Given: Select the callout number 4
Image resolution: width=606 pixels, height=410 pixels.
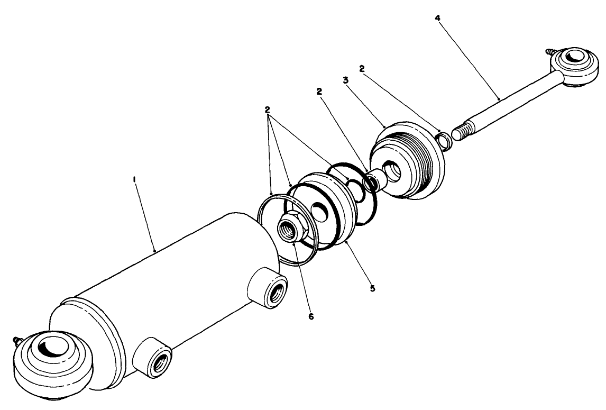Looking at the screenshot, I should click(437, 17).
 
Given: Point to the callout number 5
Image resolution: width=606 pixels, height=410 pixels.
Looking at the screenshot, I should click(372, 289).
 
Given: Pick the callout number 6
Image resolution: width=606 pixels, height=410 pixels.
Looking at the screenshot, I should click(311, 316).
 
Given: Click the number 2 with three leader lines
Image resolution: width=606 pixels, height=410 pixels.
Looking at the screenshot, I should click(268, 110).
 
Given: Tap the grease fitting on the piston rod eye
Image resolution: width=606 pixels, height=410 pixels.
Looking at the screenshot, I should click(547, 53).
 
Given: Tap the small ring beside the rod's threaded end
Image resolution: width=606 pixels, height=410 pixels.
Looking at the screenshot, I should click(443, 140).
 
